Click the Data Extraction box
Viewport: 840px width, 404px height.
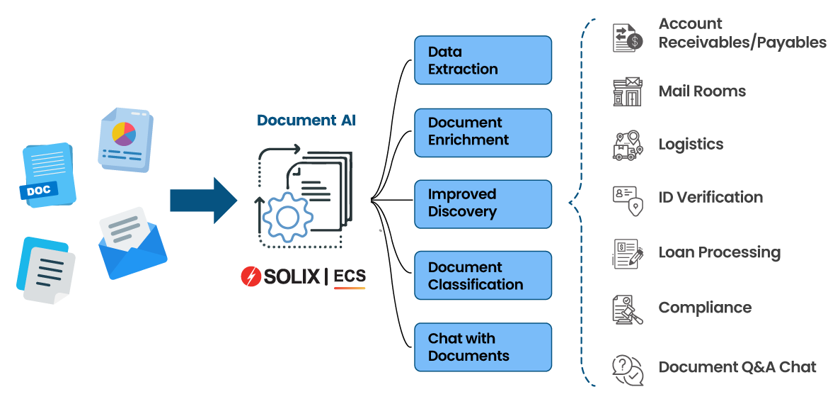click(483, 61)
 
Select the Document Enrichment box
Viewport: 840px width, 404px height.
click(483, 132)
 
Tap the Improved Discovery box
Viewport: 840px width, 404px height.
click(483, 203)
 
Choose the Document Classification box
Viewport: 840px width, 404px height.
click(483, 276)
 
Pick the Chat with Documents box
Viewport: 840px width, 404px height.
click(483, 347)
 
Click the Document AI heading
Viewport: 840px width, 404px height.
click(306, 120)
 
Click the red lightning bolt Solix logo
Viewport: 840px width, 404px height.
click(251, 276)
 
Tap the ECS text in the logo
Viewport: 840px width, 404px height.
click(350, 276)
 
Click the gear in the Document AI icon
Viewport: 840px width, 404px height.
click(287, 218)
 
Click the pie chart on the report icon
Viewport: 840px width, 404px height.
click(124, 133)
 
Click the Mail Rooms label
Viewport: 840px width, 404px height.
click(702, 91)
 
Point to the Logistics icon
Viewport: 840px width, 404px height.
click(628, 145)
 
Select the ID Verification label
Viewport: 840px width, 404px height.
click(710, 197)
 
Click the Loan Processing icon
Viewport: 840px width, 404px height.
click(628, 254)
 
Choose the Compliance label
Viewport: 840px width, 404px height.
click(705, 308)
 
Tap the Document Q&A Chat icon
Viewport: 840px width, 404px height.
click(628, 369)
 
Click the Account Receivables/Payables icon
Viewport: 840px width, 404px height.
click(628, 37)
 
